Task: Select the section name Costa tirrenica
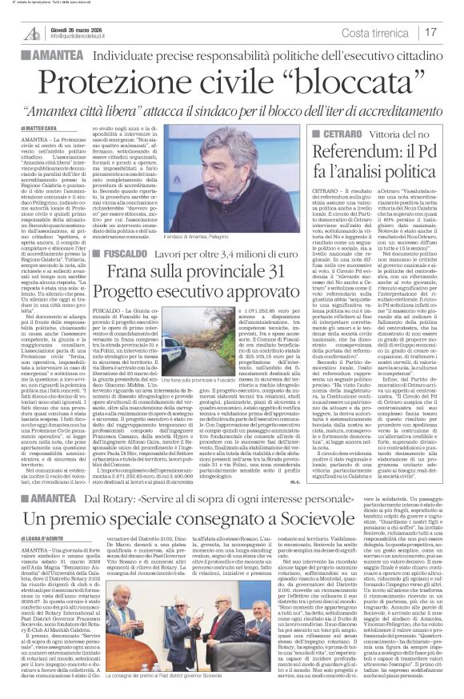pyautogui.click(x=380, y=33)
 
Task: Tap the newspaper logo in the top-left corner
pyautogui.click(x=30, y=30)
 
